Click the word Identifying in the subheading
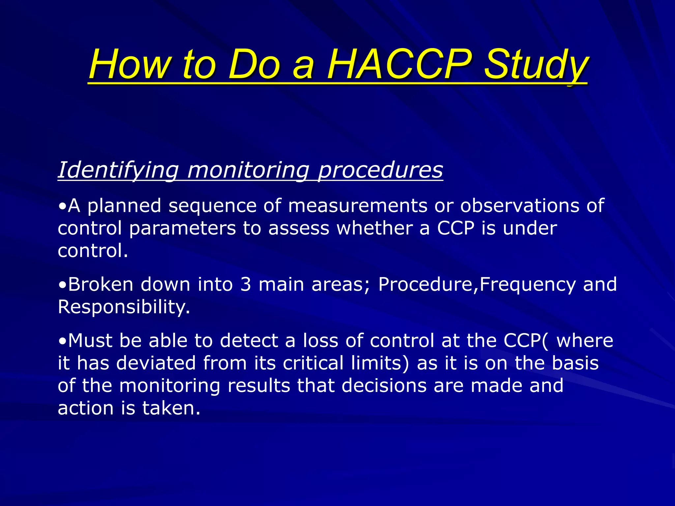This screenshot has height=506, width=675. (x=118, y=170)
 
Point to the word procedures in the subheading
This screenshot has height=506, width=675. (x=380, y=170)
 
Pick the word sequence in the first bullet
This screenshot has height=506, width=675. (x=212, y=206)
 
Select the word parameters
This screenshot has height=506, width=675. (x=183, y=229)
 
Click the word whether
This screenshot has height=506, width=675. (x=374, y=228)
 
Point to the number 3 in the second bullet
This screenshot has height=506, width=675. (x=246, y=284)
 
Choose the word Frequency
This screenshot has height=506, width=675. (x=528, y=284)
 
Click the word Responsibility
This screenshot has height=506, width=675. (x=124, y=307)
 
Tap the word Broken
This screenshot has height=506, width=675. (x=101, y=284)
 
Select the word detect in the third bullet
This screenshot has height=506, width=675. (x=249, y=341)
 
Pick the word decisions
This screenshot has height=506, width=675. (x=384, y=385)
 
